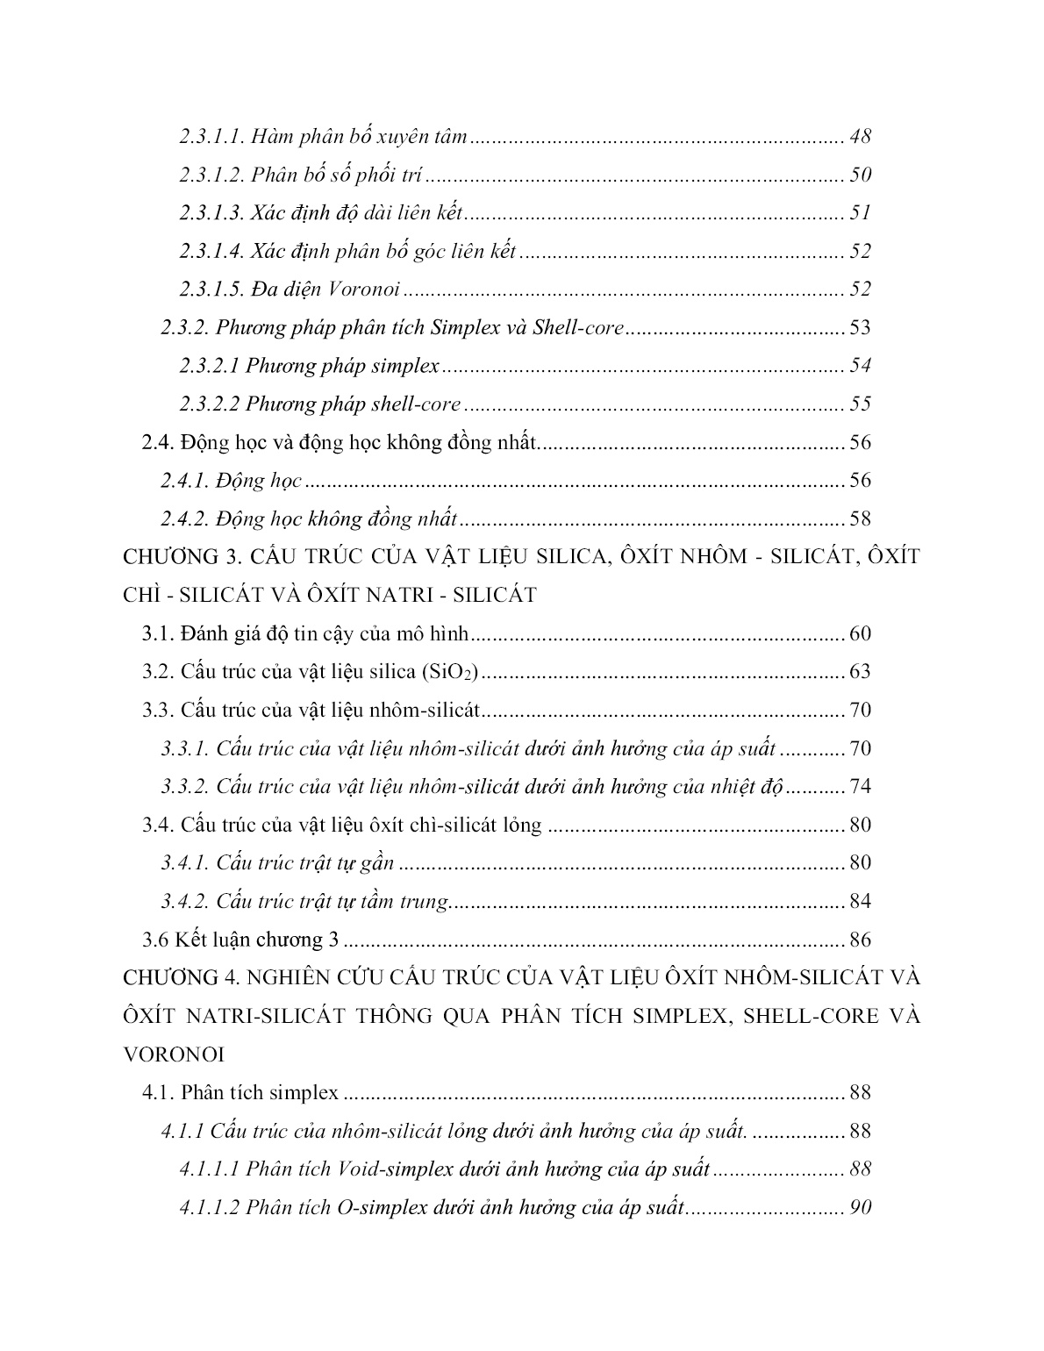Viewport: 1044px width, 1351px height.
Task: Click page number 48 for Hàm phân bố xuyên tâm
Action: click(x=860, y=137)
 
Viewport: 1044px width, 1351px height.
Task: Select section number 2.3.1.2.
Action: click(x=211, y=175)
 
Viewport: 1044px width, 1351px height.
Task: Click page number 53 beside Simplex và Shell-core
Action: click(x=860, y=328)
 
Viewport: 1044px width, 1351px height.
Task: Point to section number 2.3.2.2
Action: click(x=209, y=404)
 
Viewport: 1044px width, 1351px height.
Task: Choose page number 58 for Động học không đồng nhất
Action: click(x=860, y=519)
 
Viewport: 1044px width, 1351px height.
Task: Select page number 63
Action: click(x=860, y=672)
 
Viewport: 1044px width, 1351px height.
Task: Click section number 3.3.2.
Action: click(x=184, y=786)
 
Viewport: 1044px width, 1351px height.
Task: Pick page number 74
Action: click(x=860, y=786)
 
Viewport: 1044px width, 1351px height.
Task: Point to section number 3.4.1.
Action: click(x=184, y=863)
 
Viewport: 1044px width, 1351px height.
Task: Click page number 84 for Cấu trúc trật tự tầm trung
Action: click(x=860, y=902)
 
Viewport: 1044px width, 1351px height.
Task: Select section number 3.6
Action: click(x=155, y=940)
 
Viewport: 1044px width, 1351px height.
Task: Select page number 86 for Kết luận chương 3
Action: click(x=860, y=940)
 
